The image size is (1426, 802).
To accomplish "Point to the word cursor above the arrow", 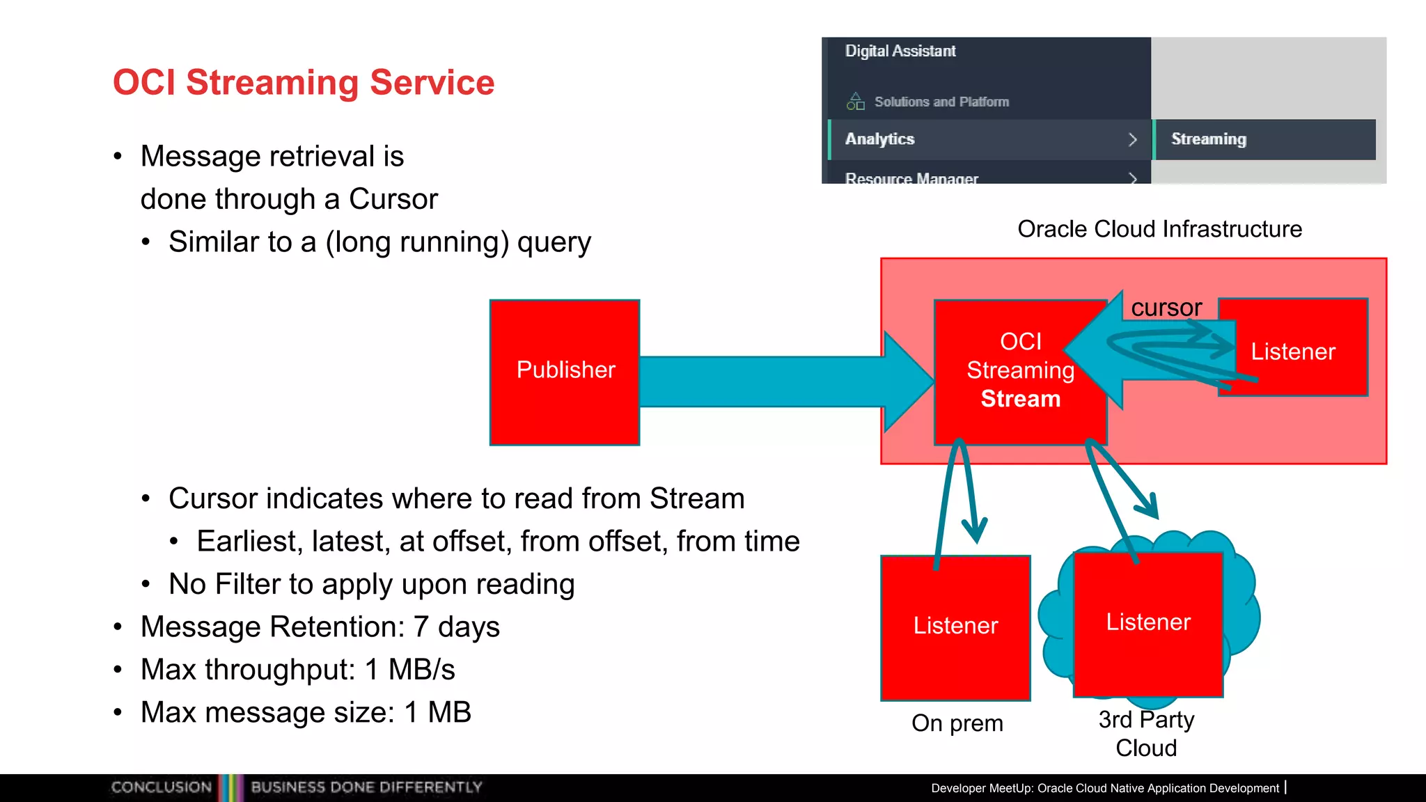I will tap(1166, 308).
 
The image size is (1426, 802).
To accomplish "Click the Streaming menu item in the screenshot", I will tap(1209, 139).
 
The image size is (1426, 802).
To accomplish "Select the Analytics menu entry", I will tap(880, 139).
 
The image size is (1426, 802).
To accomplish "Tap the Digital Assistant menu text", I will tap(900, 51).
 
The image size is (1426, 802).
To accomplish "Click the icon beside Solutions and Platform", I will tap(855, 102).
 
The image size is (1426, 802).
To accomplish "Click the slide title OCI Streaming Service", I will tap(304, 82).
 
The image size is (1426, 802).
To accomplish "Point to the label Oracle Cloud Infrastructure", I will tap(1159, 229).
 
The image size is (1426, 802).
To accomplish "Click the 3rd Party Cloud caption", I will tap(1146, 733).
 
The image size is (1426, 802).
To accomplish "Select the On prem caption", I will tap(957, 723).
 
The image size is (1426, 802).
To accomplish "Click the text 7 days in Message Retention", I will tap(457, 627).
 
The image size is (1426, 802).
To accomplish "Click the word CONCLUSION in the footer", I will tap(161, 787).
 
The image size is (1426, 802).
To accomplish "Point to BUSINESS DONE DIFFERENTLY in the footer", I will tap(366, 787).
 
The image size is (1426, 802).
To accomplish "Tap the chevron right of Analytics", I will tap(1132, 139).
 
